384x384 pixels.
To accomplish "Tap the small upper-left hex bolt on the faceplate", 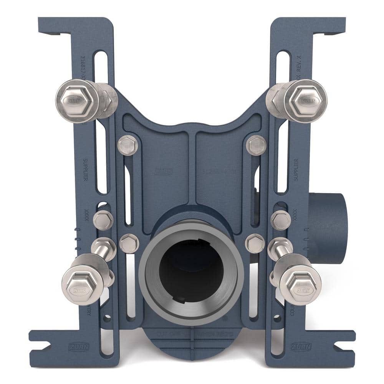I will pos(127,145).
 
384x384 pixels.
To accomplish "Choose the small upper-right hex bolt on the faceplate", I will pos(257,145).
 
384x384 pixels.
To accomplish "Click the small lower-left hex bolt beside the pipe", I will pos(129,243).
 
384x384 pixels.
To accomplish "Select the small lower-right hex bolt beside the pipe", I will pos(255,243).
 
